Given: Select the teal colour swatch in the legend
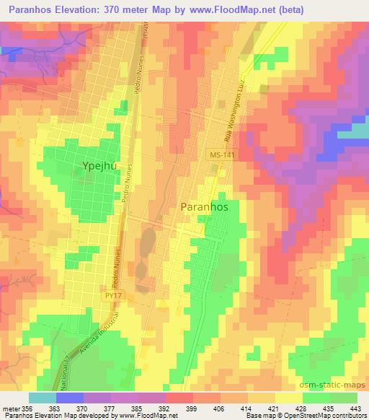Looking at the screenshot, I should point(42,398).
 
